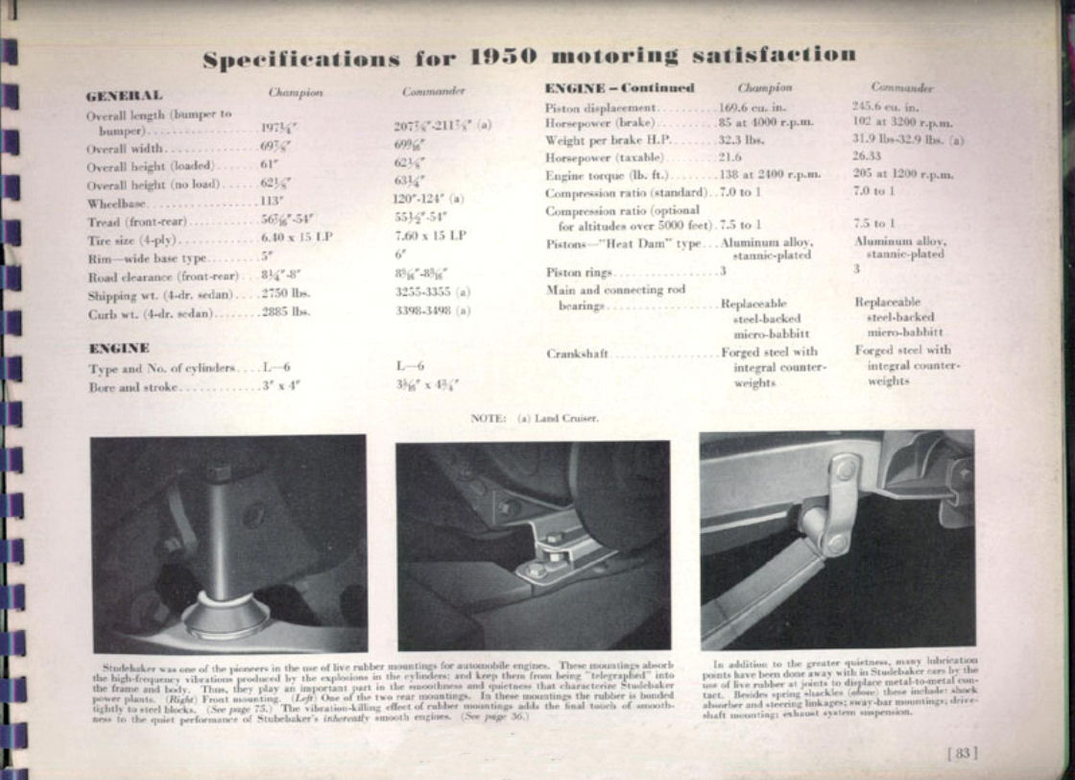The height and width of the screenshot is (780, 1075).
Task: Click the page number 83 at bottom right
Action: (x=961, y=753)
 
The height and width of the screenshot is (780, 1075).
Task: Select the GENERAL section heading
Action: (x=124, y=95)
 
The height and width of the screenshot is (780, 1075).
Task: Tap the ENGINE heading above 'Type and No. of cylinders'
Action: (x=118, y=348)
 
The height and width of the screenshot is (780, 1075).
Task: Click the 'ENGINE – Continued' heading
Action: (x=619, y=88)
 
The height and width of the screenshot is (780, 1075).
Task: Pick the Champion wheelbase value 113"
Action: (x=273, y=203)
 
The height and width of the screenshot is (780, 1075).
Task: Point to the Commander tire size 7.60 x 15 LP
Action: (x=430, y=235)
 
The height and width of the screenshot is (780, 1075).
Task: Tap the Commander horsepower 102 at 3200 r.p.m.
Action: (x=901, y=123)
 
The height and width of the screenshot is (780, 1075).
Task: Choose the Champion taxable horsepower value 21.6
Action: (x=731, y=157)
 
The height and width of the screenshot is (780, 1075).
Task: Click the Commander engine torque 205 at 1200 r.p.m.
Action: (x=902, y=175)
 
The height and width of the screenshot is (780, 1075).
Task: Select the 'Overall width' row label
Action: (x=125, y=149)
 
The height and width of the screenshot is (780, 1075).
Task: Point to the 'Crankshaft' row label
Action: (x=578, y=353)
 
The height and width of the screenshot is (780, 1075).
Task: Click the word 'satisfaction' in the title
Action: (x=776, y=55)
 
